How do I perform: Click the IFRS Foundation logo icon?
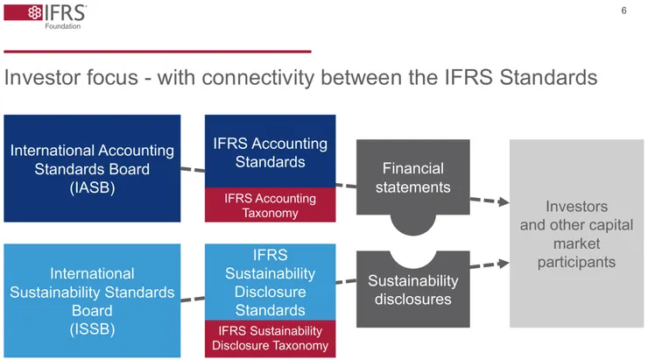point(19,13)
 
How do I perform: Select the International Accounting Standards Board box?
point(92,168)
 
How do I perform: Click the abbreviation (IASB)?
point(92,187)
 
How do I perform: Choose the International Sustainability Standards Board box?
point(92,300)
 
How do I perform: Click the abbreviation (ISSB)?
point(92,329)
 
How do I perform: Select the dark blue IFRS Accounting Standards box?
point(270,152)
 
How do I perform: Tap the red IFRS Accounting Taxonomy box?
point(270,205)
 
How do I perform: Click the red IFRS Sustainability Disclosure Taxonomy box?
point(270,338)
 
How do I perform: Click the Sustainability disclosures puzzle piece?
point(412,289)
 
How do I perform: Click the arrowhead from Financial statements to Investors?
point(503,202)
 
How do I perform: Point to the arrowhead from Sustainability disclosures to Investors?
point(503,262)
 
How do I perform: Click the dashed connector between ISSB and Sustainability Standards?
point(193,299)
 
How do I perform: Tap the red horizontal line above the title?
point(158,51)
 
